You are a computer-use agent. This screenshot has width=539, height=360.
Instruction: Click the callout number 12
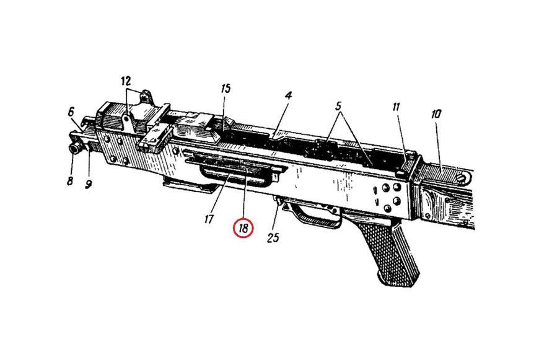pyautogui.click(x=126, y=82)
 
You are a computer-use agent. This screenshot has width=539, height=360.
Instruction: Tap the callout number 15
pyautogui.click(x=226, y=89)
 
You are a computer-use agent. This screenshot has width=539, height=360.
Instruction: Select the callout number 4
pyautogui.click(x=289, y=95)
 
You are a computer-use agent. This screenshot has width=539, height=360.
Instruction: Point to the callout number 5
pyautogui.click(x=339, y=106)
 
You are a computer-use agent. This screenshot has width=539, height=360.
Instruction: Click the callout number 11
pyautogui.click(x=396, y=107)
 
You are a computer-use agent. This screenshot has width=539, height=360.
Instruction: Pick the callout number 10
pyautogui.click(x=436, y=114)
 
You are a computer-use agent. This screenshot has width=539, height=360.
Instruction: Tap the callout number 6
pyautogui.click(x=71, y=112)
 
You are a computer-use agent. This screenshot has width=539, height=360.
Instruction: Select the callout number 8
pyautogui.click(x=70, y=181)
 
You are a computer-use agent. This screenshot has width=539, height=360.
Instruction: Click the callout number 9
pyautogui.click(x=89, y=185)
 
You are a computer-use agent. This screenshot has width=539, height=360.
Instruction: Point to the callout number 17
pyautogui.click(x=209, y=219)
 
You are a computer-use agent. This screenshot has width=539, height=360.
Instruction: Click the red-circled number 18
pyautogui.click(x=243, y=228)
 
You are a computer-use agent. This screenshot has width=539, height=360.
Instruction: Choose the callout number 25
pyautogui.click(x=273, y=237)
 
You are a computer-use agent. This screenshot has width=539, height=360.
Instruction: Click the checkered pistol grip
pyautogui.click(x=392, y=255)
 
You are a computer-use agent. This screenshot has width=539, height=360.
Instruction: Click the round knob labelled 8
pyautogui.click(x=74, y=149)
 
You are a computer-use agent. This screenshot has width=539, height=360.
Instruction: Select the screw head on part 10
pyautogui.click(x=462, y=178)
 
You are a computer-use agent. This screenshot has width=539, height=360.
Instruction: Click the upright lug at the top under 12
pyautogui.click(x=146, y=96)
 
